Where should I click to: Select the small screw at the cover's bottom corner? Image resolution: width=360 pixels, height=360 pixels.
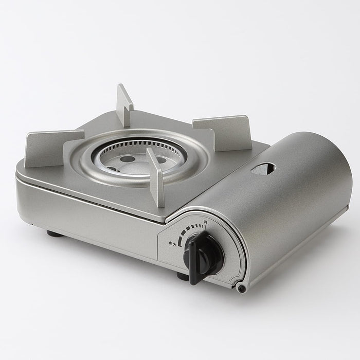(241, 289)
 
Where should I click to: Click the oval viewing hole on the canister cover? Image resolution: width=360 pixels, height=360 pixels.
(263, 168)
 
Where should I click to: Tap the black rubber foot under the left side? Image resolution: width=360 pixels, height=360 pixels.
(53, 233)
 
